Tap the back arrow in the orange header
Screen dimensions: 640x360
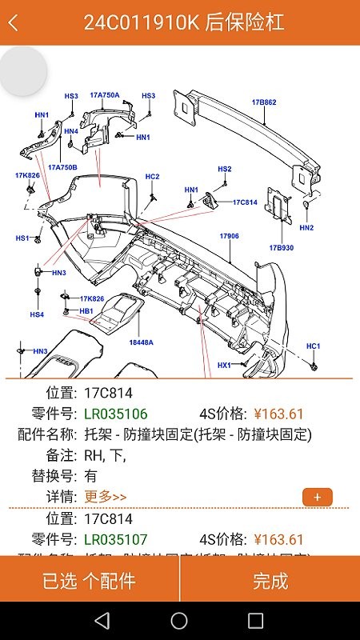point(13,22)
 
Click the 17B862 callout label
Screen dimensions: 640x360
point(264,102)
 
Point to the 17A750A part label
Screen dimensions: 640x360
point(104,95)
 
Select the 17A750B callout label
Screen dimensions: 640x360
point(62,167)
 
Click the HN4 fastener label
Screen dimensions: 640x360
point(71,131)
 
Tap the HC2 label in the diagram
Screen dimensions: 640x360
point(152,176)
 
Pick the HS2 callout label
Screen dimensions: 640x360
point(225,169)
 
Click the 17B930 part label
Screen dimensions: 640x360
point(282,247)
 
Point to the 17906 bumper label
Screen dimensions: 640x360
point(230,236)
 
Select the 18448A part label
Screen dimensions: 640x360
point(141,342)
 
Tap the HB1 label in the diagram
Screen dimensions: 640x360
point(86,310)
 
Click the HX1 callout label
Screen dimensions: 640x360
point(224,365)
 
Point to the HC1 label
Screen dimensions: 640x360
point(314,346)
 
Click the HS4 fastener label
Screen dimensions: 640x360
point(37,314)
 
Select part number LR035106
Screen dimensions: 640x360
point(116,414)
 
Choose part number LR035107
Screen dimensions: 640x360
point(116,539)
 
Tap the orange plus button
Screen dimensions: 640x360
point(318,497)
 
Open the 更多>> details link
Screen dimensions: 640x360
point(105,497)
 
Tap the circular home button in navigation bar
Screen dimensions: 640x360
point(179,620)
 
